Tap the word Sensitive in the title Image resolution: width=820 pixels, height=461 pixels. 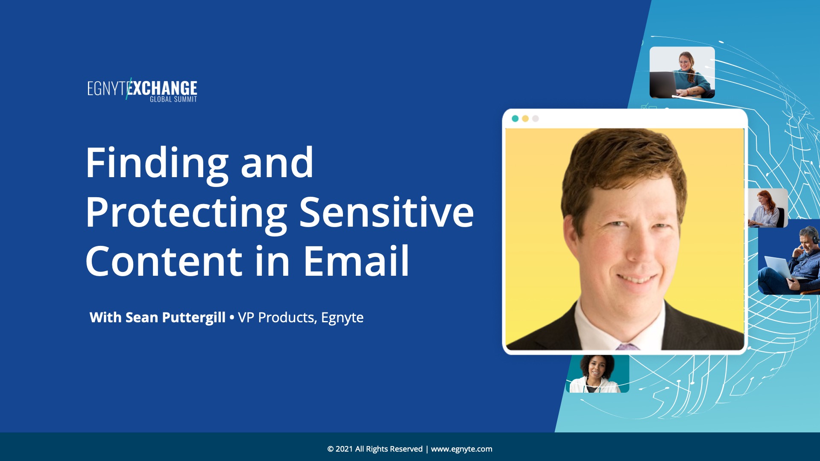387,212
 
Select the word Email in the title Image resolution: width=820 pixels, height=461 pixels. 356,261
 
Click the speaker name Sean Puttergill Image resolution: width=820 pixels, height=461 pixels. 175,317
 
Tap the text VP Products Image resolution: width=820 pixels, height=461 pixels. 276,318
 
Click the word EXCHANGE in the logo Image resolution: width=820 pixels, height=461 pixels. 162,88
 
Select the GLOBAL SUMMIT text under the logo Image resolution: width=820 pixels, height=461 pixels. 173,99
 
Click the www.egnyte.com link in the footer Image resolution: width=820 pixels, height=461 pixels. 461,449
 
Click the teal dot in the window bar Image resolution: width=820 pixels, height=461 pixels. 515,119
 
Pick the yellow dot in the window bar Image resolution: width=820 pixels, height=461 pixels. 525,119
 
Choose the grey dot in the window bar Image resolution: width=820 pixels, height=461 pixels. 536,119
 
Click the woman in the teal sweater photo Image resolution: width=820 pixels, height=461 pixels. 682,73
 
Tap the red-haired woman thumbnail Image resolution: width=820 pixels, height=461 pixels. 767,208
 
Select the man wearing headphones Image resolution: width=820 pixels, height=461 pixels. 789,257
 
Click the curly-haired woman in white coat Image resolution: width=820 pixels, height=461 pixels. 597,373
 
